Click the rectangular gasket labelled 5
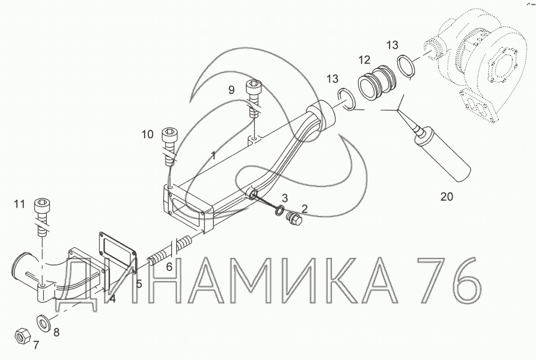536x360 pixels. coord(118,252)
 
